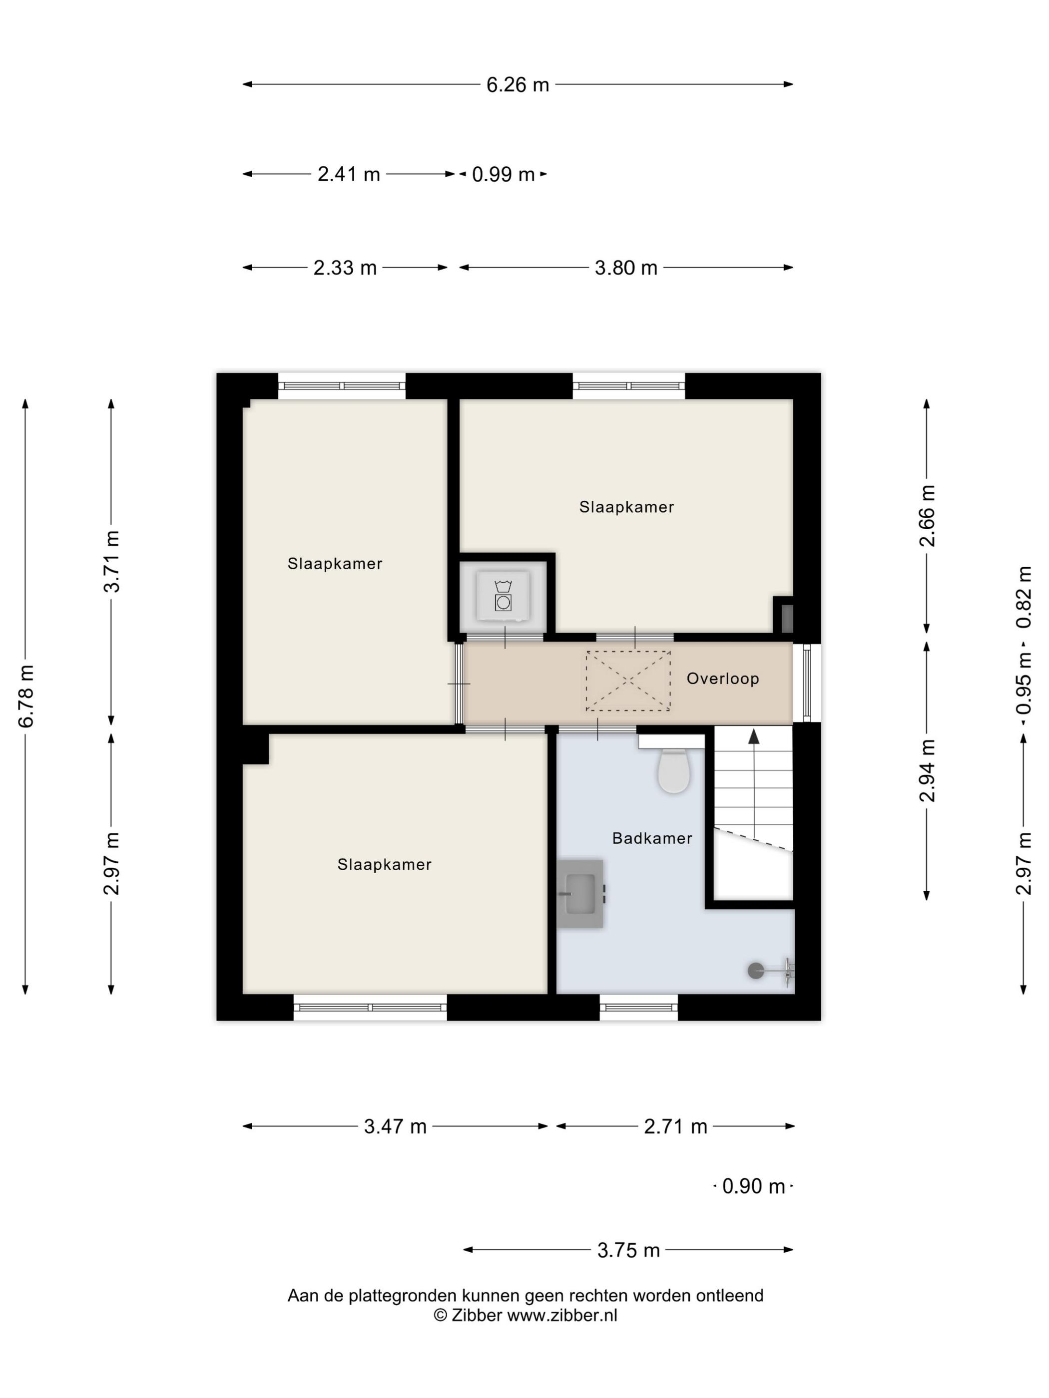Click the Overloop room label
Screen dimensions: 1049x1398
click(x=723, y=679)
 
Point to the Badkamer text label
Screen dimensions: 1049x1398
click(x=652, y=838)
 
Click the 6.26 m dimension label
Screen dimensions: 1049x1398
click(x=517, y=85)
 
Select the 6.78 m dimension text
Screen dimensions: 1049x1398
click(x=26, y=696)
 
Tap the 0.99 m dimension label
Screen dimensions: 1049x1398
click(x=504, y=174)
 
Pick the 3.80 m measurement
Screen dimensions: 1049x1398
click(x=626, y=268)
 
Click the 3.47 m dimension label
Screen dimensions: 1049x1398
click(x=395, y=1126)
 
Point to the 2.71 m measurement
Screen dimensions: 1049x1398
click(x=675, y=1126)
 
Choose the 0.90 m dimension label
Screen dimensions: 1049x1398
click(x=754, y=1186)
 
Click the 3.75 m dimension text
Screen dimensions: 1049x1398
click(x=628, y=1250)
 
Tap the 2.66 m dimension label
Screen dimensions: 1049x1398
click(x=927, y=516)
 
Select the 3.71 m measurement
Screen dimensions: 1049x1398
click(x=112, y=561)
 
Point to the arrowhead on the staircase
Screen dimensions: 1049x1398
click(x=754, y=736)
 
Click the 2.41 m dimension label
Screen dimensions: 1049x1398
click(x=348, y=174)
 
